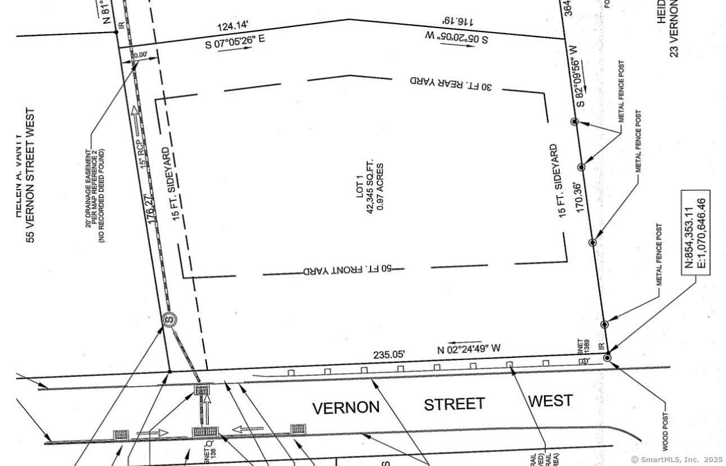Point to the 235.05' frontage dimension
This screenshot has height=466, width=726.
(x=389, y=355)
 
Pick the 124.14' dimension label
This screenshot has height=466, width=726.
(x=233, y=26)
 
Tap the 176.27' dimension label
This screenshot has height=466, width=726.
(x=152, y=209)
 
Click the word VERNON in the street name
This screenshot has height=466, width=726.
(x=346, y=407)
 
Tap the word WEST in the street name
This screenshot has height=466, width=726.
(x=550, y=401)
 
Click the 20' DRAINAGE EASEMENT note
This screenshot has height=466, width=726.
(x=95, y=196)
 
